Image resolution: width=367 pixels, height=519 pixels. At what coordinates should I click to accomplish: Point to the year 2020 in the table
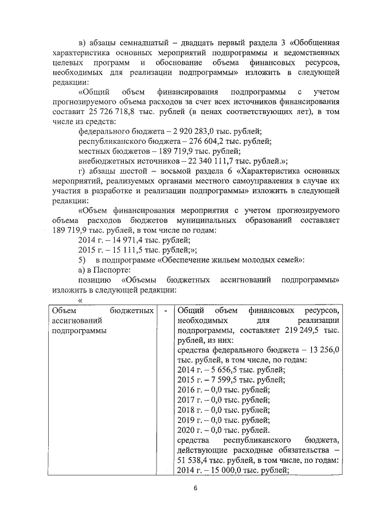[187, 429]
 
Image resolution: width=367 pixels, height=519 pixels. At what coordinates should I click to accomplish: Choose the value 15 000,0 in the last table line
[221, 470]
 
